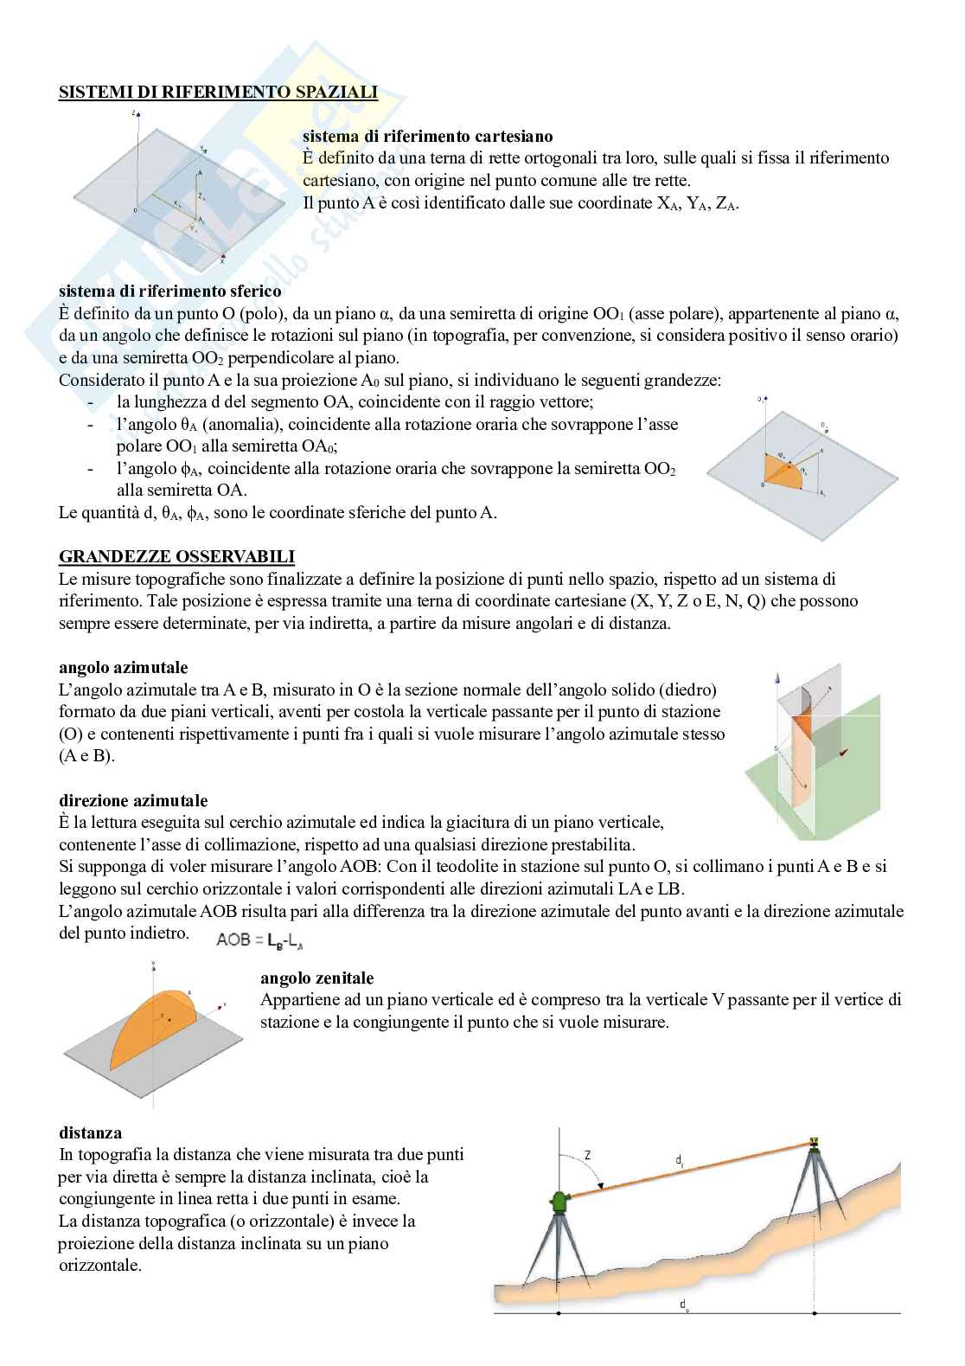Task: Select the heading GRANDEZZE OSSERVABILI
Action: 176,556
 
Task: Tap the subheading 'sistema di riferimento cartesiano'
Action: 427,136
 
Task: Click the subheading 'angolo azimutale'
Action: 123,667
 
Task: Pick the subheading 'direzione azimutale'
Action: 133,800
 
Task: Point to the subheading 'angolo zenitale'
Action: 316,978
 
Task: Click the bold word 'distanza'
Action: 90,1132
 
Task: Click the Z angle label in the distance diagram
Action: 587,1155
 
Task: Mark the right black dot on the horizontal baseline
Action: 813,1313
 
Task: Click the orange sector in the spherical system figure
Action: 783,471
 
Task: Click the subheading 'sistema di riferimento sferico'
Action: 169,292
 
